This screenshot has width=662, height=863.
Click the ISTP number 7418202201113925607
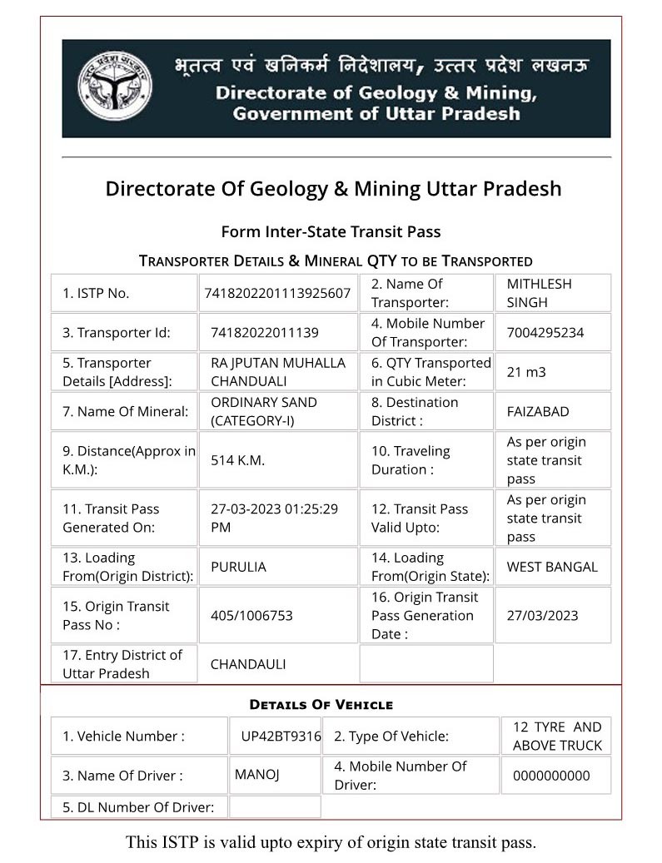[x=277, y=293]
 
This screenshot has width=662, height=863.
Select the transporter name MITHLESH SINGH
[x=539, y=293]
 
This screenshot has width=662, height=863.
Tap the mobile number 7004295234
[x=545, y=333]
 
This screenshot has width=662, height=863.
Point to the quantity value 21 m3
[x=526, y=372]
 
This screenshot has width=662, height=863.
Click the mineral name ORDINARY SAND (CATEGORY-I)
[x=263, y=411]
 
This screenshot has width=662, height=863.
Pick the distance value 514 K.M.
[x=237, y=460]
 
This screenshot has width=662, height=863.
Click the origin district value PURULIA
[x=238, y=567]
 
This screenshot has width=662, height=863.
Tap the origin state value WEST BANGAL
[x=552, y=567]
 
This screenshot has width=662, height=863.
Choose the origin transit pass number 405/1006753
[x=251, y=616]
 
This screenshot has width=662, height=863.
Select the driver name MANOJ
[x=256, y=774]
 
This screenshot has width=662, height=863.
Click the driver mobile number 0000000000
[x=551, y=776]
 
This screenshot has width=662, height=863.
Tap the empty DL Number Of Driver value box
[x=274, y=806]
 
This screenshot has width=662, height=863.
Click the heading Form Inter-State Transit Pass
[x=331, y=231]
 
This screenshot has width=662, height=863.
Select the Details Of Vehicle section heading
[x=321, y=705]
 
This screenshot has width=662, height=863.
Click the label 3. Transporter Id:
[x=116, y=333]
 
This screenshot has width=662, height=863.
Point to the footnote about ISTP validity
[x=331, y=841]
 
